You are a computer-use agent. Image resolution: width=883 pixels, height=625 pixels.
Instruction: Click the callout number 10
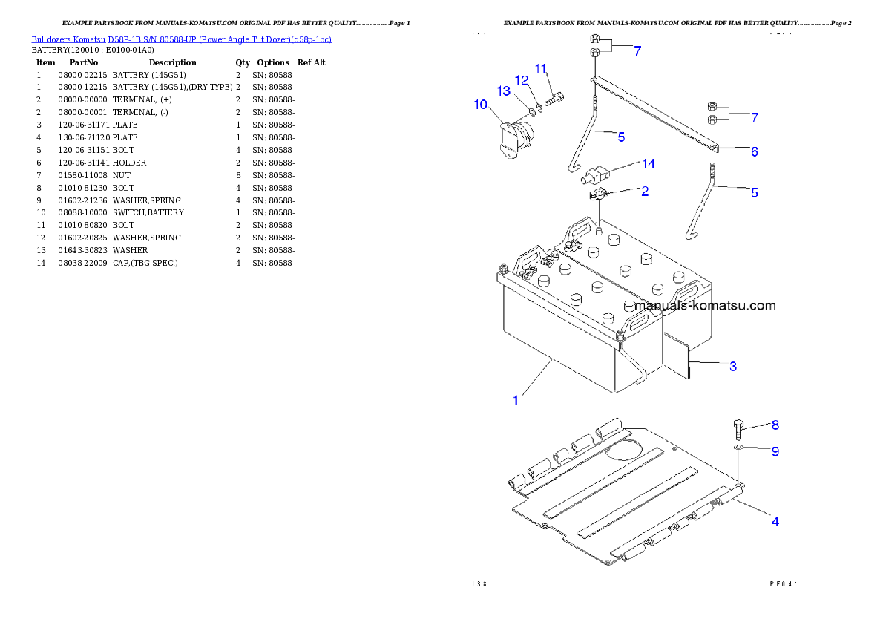tap(481, 105)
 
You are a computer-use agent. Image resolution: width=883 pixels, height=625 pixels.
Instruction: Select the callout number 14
tap(649, 164)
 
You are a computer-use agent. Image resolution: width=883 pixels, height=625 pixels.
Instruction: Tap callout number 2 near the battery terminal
tap(645, 191)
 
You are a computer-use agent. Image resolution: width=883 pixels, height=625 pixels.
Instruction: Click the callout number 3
tap(732, 367)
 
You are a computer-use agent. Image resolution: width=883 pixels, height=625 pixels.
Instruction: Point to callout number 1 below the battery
tap(516, 400)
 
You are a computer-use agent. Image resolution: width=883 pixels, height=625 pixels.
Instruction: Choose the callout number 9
tap(775, 451)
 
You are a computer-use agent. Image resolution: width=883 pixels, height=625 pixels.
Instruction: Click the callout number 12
tap(522, 79)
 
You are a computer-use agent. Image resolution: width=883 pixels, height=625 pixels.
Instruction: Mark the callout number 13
tap(504, 91)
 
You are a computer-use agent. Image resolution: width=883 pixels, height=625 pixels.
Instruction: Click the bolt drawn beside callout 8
tap(739, 430)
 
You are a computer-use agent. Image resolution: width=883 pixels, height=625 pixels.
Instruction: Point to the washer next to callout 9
tap(738, 448)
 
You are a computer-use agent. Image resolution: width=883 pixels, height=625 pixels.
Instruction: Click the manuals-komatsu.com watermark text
tap(705, 305)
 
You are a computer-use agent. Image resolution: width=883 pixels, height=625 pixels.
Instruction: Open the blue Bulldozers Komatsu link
tap(181, 39)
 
